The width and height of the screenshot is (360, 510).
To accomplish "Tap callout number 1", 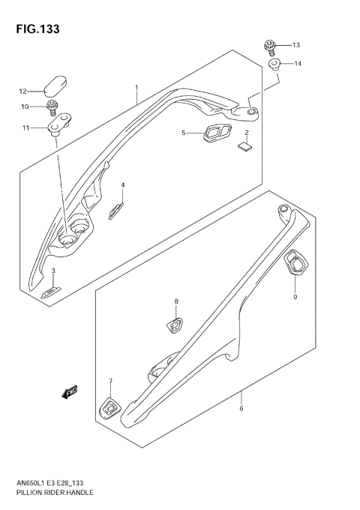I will (x=136, y=87).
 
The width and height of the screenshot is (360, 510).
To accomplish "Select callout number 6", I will (x=241, y=408).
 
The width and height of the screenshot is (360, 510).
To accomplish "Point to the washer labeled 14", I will (x=274, y=64).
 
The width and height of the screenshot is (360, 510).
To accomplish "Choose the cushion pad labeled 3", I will (x=50, y=292).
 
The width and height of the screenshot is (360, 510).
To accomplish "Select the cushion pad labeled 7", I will (x=109, y=407).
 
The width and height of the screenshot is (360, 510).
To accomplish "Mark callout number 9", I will (x=295, y=297).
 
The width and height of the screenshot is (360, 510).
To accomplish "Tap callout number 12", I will (x=23, y=91).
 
